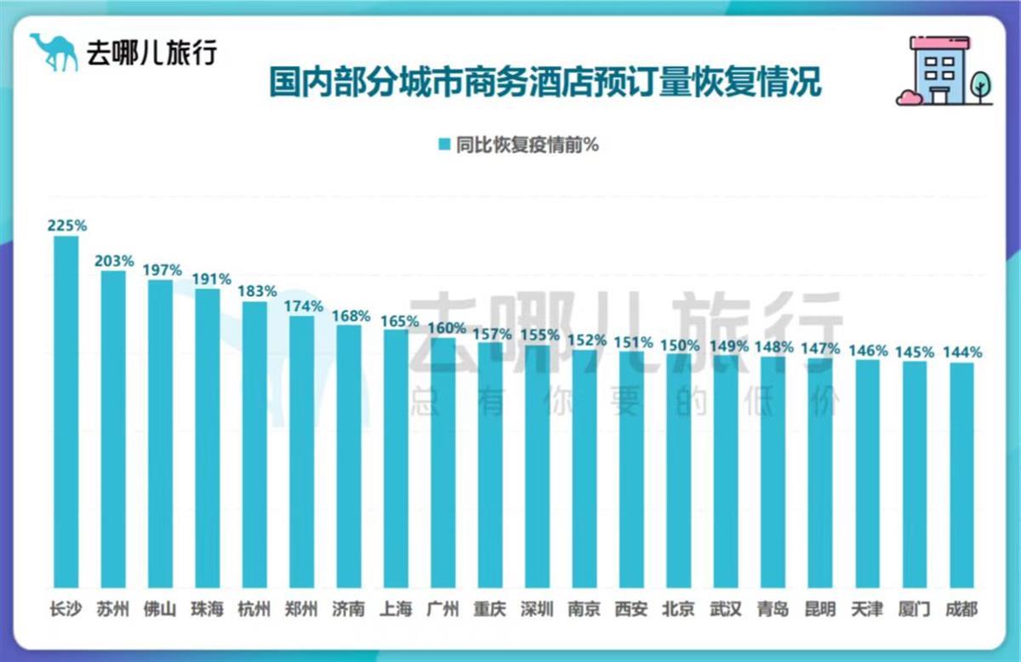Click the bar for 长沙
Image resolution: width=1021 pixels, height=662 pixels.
click(66, 412)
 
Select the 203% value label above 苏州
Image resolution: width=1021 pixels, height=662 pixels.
click(114, 260)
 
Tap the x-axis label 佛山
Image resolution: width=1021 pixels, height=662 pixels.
click(161, 609)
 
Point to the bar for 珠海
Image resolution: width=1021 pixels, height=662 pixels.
click(208, 438)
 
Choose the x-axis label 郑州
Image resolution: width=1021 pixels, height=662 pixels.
click(302, 609)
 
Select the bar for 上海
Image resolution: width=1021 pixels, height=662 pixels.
click(396, 459)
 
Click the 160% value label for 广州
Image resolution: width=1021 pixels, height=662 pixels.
click(447, 328)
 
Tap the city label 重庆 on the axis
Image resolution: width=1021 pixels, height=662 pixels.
click(490, 609)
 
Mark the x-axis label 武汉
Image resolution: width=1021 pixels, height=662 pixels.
click(726, 609)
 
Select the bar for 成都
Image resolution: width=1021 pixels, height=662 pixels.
click(961, 476)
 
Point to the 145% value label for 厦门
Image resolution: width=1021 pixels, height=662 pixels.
click(917, 351)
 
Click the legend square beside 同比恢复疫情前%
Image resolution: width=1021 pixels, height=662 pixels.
click(443, 145)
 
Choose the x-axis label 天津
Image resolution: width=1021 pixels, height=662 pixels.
click(868, 609)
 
